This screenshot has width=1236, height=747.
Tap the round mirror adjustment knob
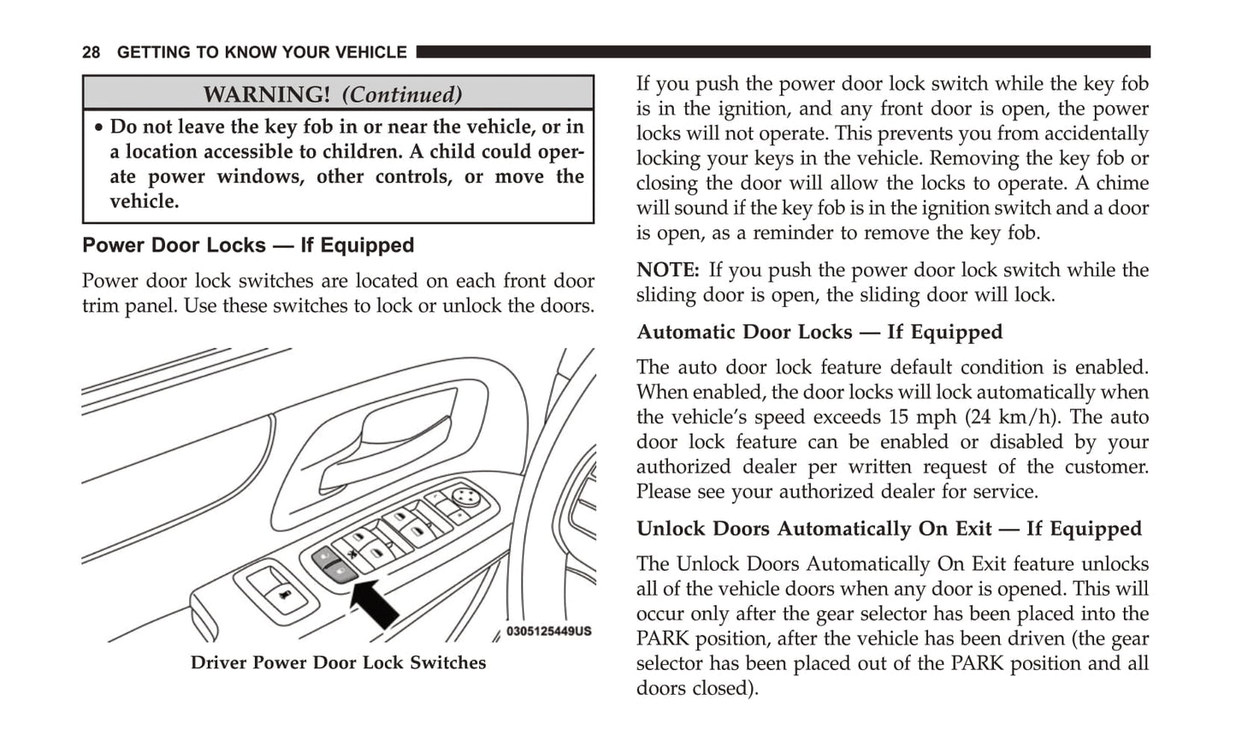(x=464, y=495)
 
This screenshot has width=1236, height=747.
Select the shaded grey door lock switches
(x=334, y=565)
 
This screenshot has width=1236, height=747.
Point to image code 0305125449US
(x=548, y=632)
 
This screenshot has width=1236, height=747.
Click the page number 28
(x=92, y=53)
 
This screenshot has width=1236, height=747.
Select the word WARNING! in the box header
(x=266, y=94)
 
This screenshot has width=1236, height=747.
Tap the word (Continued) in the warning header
(x=402, y=94)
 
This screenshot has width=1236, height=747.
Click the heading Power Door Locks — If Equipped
(x=248, y=245)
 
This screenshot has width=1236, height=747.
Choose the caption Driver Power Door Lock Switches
(x=338, y=662)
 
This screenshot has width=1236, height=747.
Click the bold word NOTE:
(x=668, y=270)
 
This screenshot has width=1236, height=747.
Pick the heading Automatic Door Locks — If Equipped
(x=819, y=332)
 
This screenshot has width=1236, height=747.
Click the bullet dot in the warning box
(x=99, y=127)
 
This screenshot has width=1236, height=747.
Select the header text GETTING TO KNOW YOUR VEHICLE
(x=262, y=53)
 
